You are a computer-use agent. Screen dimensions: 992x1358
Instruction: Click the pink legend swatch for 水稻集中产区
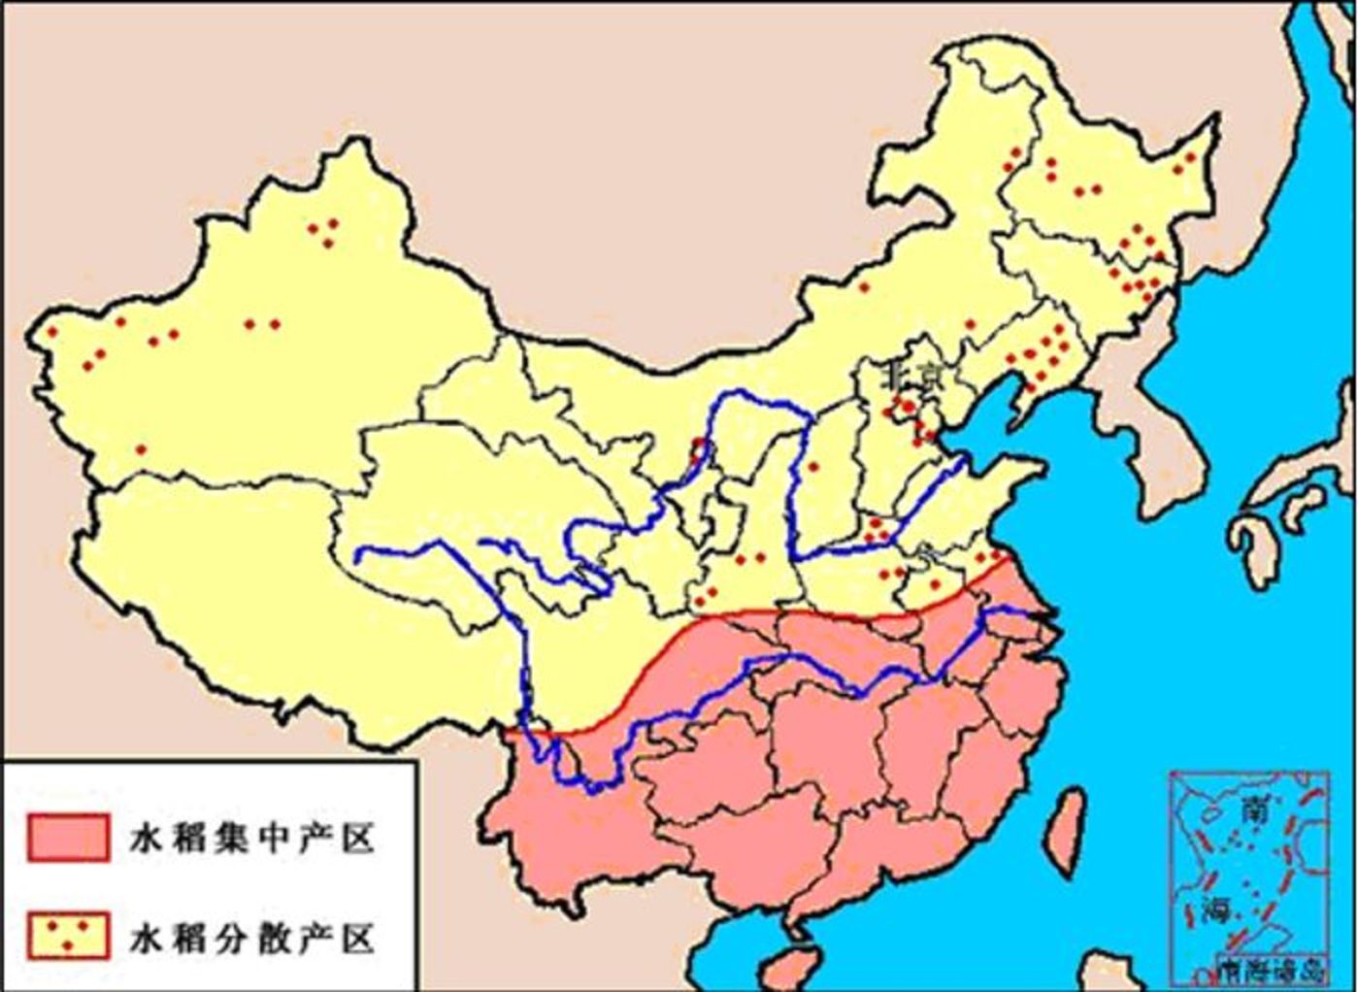tap(68, 837)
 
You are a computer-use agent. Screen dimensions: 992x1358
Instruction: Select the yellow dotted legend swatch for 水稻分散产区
tap(68, 934)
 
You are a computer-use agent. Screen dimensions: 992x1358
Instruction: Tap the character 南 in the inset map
tap(1251, 810)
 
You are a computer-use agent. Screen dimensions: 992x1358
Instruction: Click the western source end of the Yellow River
tap(360, 556)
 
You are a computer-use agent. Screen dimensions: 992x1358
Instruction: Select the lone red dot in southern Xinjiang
tap(141, 449)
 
